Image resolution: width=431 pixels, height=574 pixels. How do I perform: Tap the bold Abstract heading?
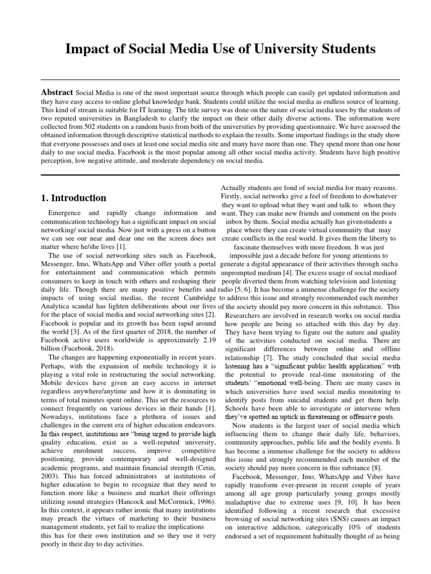coord(57,92)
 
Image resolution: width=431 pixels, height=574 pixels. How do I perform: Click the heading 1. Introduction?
coord(74,198)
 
